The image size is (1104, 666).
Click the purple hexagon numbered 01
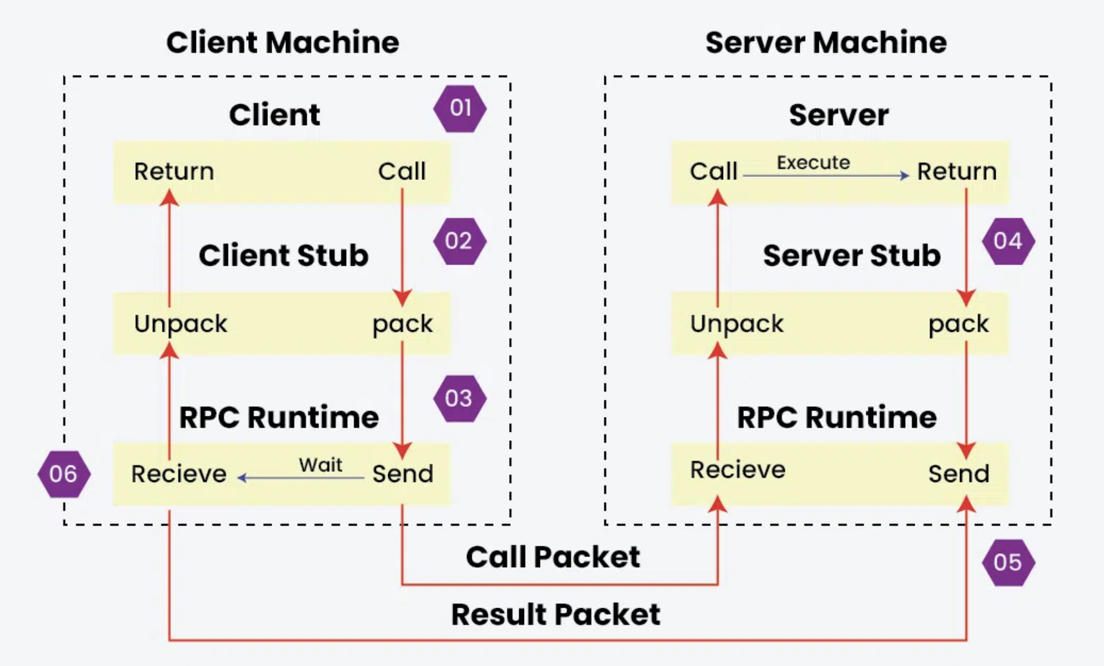460,108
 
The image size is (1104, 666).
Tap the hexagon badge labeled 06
64,474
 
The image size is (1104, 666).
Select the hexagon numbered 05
1008,562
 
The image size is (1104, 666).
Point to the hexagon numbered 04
1008,241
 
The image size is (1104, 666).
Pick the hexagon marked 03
459,399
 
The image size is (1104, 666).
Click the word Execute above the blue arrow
813,163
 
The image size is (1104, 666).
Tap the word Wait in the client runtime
320,465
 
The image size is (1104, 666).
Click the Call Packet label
553,557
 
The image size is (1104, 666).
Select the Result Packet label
556,614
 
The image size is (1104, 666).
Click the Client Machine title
282,42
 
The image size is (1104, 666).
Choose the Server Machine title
826,42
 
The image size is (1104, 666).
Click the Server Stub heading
852,256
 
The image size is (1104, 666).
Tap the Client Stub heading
283,256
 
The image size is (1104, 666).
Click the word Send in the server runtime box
959,474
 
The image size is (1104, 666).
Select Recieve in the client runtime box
179,474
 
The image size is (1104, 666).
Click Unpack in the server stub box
737,323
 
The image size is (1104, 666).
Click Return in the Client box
174,172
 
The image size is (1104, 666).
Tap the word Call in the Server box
713,172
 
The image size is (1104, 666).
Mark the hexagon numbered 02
459,241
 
